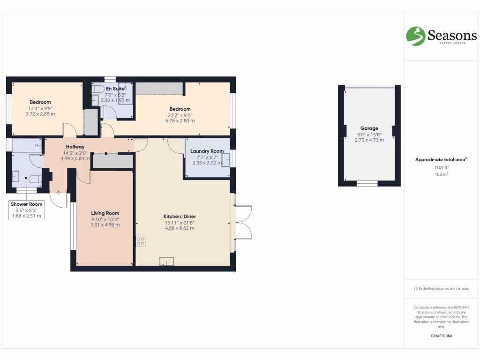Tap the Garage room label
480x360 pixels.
point(369,128)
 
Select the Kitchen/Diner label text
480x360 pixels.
point(179,216)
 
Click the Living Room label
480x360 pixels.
point(105,213)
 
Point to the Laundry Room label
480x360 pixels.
point(207,151)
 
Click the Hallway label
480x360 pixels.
point(75,147)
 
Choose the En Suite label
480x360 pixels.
point(115,88)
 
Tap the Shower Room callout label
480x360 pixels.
point(27,204)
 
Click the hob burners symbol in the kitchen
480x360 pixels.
point(141,241)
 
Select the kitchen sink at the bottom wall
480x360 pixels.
point(166,261)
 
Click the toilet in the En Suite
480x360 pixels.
point(98,88)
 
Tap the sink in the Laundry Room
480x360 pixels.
point(225,160)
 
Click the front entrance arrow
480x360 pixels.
point(58,192)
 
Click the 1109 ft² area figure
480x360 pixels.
point(441,167)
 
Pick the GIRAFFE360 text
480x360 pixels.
point(441,336)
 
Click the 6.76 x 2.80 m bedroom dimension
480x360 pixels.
point(180,120)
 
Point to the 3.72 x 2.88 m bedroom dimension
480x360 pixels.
point(40,114)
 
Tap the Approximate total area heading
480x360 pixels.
point(440,160)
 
